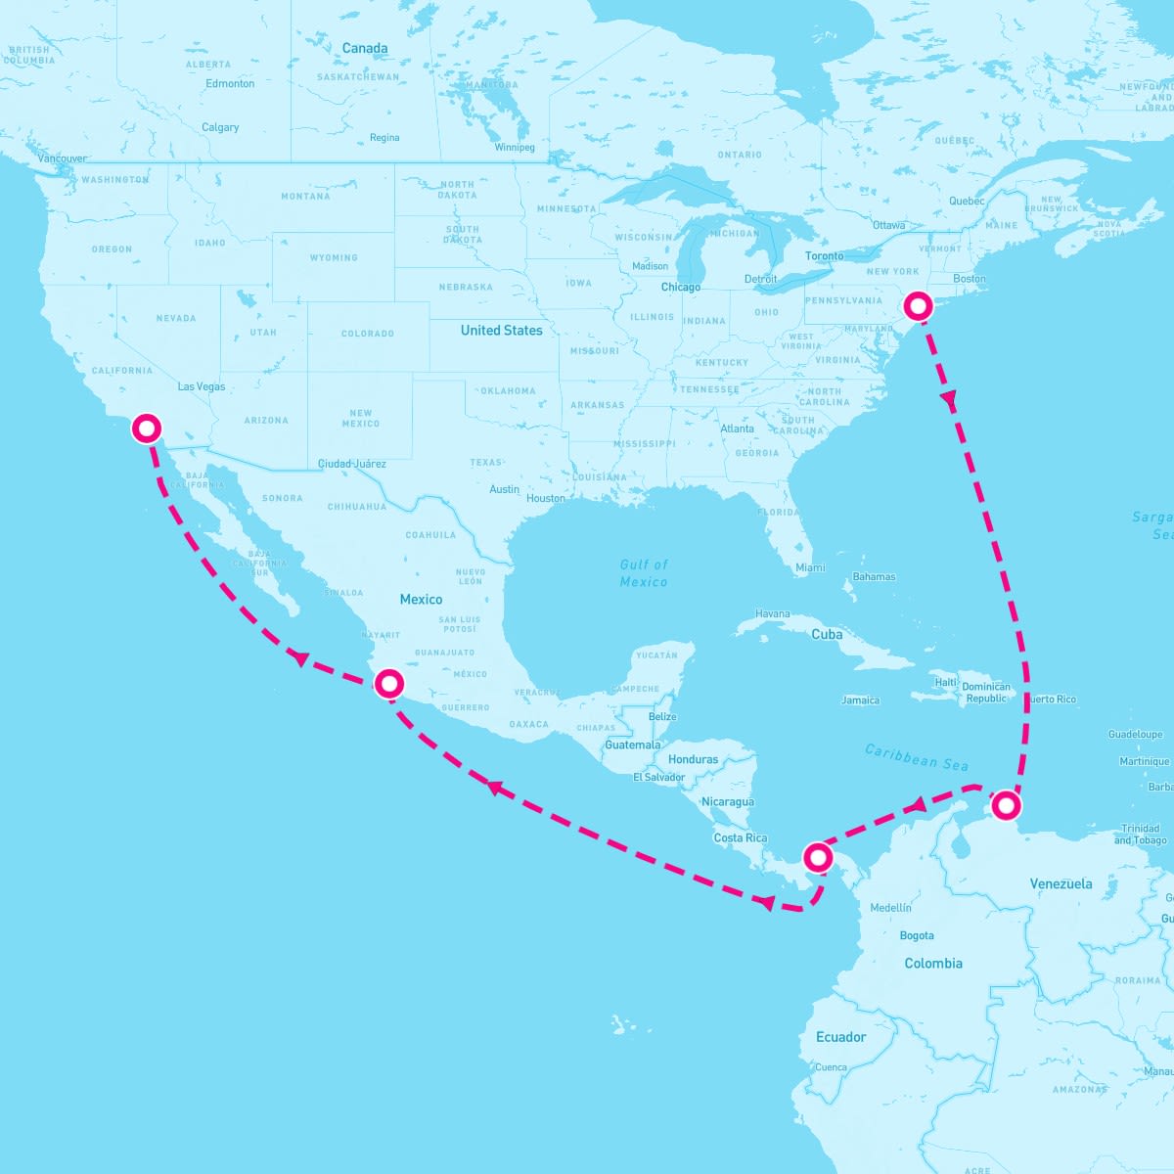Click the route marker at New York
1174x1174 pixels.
(917, 306)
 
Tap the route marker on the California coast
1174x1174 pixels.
(147, 429)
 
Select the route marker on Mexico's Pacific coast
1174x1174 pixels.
(389, 683)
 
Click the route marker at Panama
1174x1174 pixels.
(818, 858)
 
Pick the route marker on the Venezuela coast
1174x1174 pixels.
(1006, 806)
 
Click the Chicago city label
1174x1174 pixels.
(681, 288)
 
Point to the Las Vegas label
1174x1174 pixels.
(202, 386)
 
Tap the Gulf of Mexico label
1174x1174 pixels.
(644, 573)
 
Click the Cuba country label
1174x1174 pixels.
(827, 634)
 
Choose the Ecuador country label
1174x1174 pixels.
(841, 1037)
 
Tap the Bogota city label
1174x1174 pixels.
(917, 936)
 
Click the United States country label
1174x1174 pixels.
(501, 331)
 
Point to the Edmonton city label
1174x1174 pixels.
(230, 84)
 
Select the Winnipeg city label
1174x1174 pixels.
(515, 148)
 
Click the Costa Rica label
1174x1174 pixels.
(741, 838)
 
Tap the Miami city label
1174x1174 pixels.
(810, 568)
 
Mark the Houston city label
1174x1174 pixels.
(546, 499)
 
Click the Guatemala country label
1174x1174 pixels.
(633, 745)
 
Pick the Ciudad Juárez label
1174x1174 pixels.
(352, 464)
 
